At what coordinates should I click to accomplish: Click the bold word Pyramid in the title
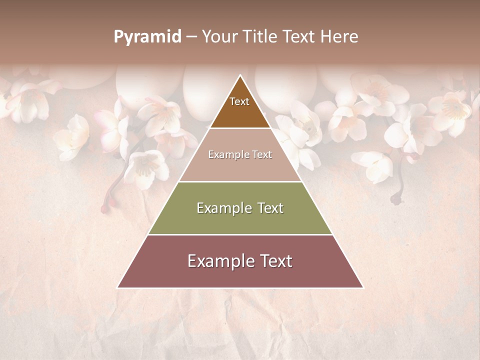[147, 37]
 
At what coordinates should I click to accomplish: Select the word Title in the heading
[261, 37]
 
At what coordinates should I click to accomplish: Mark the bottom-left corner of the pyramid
[118, 287]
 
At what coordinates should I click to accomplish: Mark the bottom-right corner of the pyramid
[362, 287]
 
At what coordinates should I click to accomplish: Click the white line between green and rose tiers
[240, 234]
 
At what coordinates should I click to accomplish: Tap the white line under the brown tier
[240, 128]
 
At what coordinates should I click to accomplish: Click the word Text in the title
[299, 37]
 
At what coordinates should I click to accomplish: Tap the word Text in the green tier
[267, 208]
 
